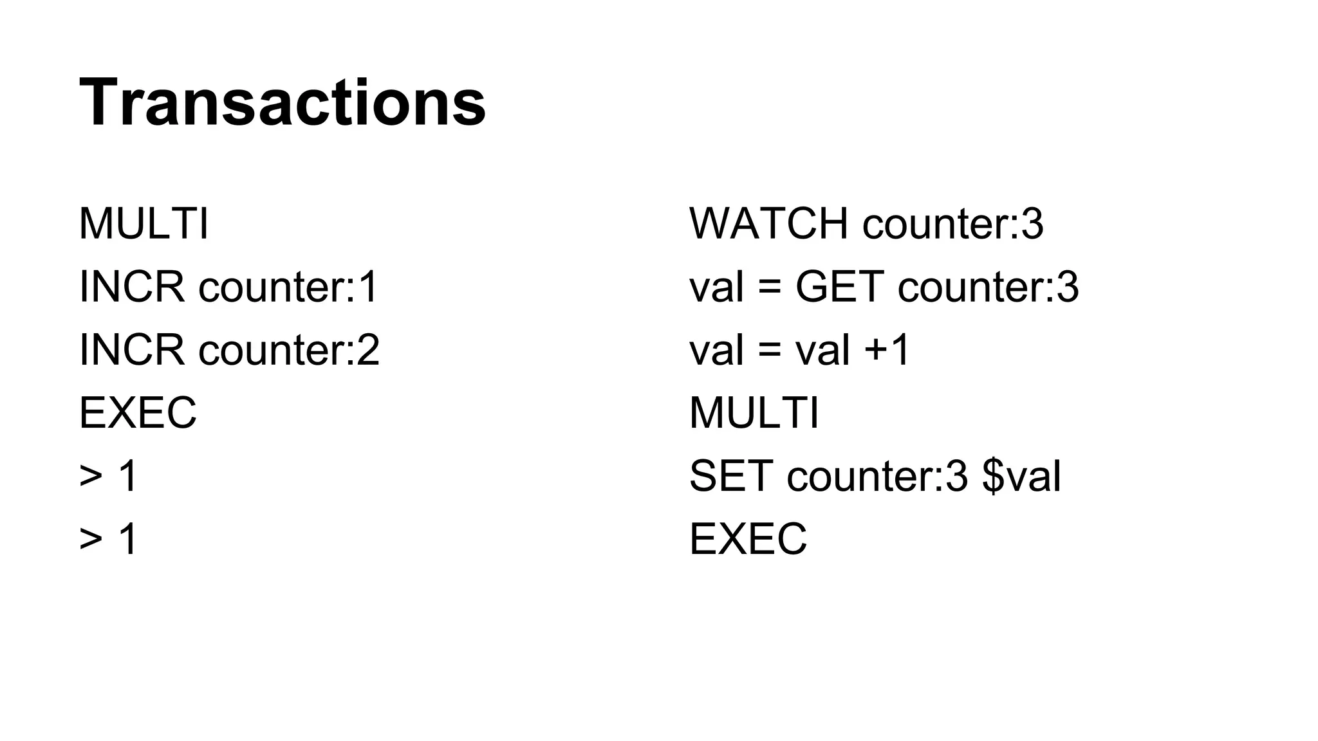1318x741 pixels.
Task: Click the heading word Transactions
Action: (282, 103)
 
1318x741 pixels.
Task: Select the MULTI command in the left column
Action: (144, 224)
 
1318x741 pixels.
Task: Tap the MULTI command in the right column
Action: (754, 413)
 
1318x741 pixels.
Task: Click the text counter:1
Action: (288, 287)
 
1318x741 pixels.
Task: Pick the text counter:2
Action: (289, 350)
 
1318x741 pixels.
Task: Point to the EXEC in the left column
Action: (137, 413)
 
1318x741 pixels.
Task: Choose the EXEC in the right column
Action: (748, 539)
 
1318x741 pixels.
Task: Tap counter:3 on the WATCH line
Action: (952, 224)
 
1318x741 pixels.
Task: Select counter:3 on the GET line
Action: (988, 287)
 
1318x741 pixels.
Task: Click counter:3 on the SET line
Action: (877, 476)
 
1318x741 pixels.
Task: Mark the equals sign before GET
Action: (770, 287)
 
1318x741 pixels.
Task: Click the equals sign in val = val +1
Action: (770, 350)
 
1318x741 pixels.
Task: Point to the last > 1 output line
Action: (108, 539)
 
